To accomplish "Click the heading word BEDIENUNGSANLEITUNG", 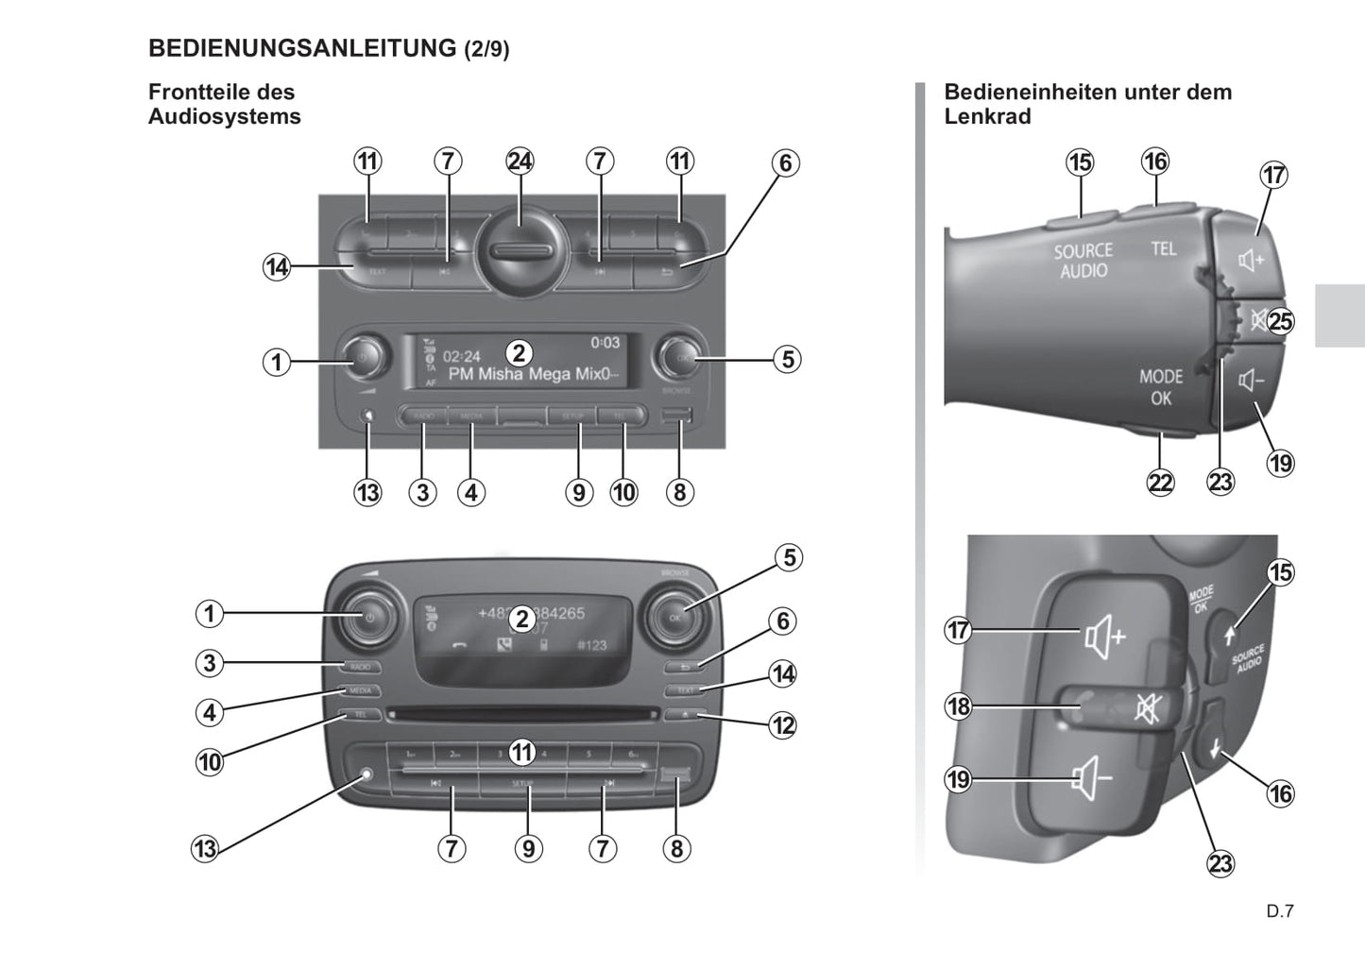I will tap(302, 48).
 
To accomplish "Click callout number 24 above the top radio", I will tap(520, 161).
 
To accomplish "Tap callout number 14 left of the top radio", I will tap(276, 267).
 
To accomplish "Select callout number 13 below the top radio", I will tap(367, 492).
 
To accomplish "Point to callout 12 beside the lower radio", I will tap(783, 725).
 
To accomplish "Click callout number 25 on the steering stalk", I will tap(1280, 321).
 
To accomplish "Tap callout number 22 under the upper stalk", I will tap(1160, 483).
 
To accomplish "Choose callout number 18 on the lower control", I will tap(959, 706).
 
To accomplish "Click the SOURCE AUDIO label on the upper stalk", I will tap(1083, 261).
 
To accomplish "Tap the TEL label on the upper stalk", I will tap(1164, 248).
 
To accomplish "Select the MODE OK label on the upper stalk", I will tap(1161, 387).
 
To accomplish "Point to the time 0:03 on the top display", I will tap(606, 343).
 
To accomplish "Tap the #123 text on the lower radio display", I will tap(592, 645).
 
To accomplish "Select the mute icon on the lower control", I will tap(1146, 707).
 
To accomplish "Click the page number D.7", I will tap(1280, 911).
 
